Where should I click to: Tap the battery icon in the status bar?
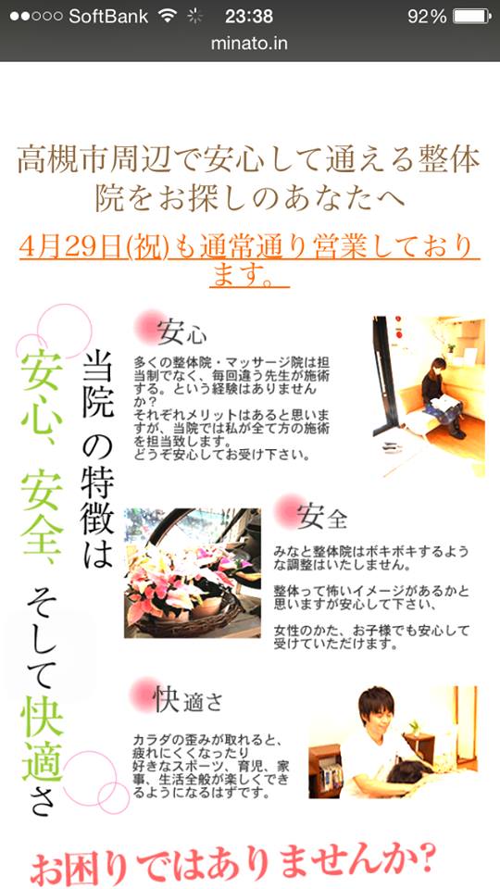(471, 17)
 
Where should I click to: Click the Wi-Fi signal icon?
(168, 16)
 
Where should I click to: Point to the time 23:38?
(249, 17)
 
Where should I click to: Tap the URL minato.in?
(249, 44)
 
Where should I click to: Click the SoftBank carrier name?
(108, 17)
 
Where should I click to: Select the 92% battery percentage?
(427, 17)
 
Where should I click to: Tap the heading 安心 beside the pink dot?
(181, 332)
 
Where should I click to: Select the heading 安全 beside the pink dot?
(321, 516)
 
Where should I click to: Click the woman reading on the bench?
(443, 397)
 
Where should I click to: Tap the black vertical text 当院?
(98, 383)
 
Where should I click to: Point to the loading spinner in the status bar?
(195, 17)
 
